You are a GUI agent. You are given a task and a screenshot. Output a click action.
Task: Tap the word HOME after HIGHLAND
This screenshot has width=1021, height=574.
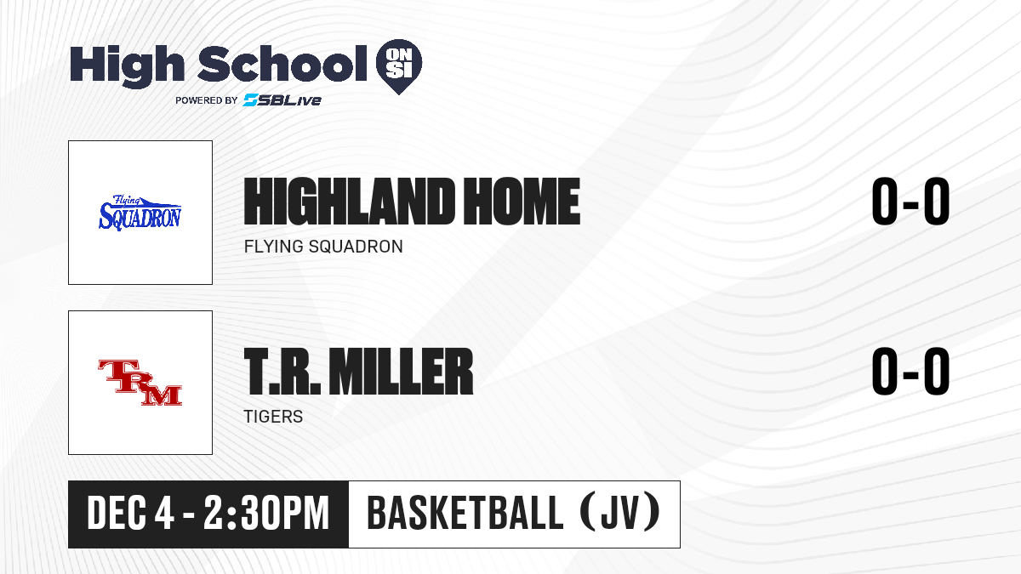pyautogui.click(x=522, y=202)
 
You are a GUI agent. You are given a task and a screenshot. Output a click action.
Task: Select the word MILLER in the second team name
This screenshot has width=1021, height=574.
pyautogui.click(x=401, y=372)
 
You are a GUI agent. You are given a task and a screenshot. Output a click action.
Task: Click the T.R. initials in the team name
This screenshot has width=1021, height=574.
pyautogui.click(x=282, y=372)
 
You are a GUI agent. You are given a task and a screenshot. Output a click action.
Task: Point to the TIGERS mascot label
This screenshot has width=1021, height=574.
pyautogui.click(x=273, y=417)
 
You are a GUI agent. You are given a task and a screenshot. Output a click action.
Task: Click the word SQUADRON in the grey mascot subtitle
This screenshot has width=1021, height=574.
pyautogui.click(x=356, y=247)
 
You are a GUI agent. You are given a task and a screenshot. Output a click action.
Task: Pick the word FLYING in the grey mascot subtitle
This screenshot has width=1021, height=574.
pyautogui.click(x=273, y=247)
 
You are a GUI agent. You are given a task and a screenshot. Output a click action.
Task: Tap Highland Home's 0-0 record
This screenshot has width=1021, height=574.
pyautogui.click(x=910, y=202)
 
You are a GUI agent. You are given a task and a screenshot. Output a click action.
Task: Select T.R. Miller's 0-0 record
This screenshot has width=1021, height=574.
pyautogui.click(x=910, y=372)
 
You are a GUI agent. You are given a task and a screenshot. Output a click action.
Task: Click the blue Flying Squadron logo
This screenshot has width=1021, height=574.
pyautogui.click(x=140, y=213)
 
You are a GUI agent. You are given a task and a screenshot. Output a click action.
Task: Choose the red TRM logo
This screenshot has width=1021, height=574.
pyautogui.click(x=140, y=383)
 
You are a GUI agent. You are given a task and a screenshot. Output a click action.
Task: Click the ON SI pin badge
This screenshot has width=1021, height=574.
pyautogui.click(x=399, y=66)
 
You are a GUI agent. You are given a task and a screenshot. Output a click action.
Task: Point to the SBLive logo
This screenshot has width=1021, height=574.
pyautogui.click(x=282, y=100)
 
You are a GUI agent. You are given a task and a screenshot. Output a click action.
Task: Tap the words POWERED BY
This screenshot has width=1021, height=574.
pyautogui.click(x=207, y=100)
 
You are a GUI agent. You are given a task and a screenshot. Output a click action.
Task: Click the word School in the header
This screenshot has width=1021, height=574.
pyautogui.click(x=282, y=64)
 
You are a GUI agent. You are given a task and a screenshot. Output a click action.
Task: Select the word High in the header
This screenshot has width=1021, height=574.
pyautogui.click(x=128, y=66)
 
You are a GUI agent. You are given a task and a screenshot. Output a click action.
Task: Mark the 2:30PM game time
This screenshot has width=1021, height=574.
pyautogui.click(x=266, y=514)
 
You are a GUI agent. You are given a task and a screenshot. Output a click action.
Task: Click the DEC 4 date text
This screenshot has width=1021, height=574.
pyautogui.click(x=130, y=514)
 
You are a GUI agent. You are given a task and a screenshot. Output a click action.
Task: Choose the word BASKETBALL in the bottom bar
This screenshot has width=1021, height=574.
pyautogui.click(x=465, y=514)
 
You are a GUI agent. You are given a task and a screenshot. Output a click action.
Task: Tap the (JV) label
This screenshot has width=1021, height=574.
pyautogui.click(x=620, y=514)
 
